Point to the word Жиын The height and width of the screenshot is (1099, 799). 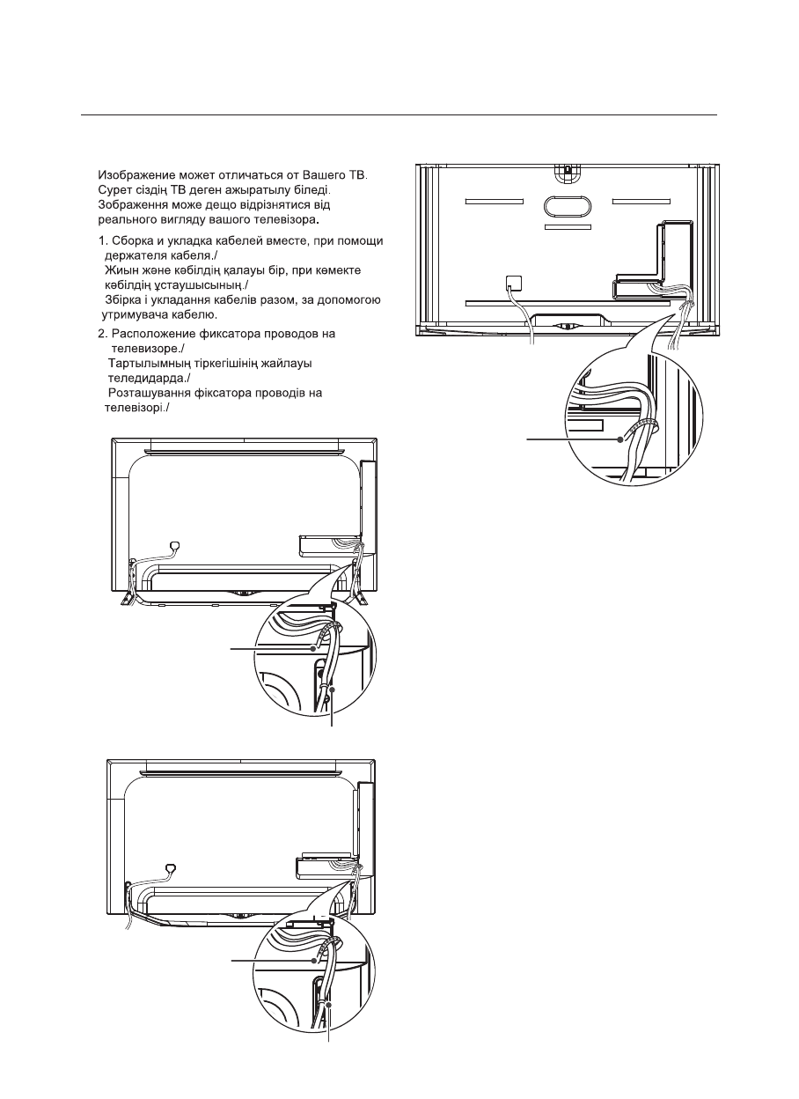tap(123, 269)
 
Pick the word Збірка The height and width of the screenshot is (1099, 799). tap(125, 299)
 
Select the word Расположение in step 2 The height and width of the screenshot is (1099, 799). tap(156, 335)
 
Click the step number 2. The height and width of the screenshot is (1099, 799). tap(100, 335)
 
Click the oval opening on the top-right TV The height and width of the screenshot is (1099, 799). tap(568, 203)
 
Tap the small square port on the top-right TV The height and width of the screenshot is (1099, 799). tap(514, 284)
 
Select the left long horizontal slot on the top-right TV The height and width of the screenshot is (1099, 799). tap(493, 202)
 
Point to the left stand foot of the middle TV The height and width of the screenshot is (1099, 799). tap(126, 594)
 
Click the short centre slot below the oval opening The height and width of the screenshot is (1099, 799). tap(568, 226)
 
